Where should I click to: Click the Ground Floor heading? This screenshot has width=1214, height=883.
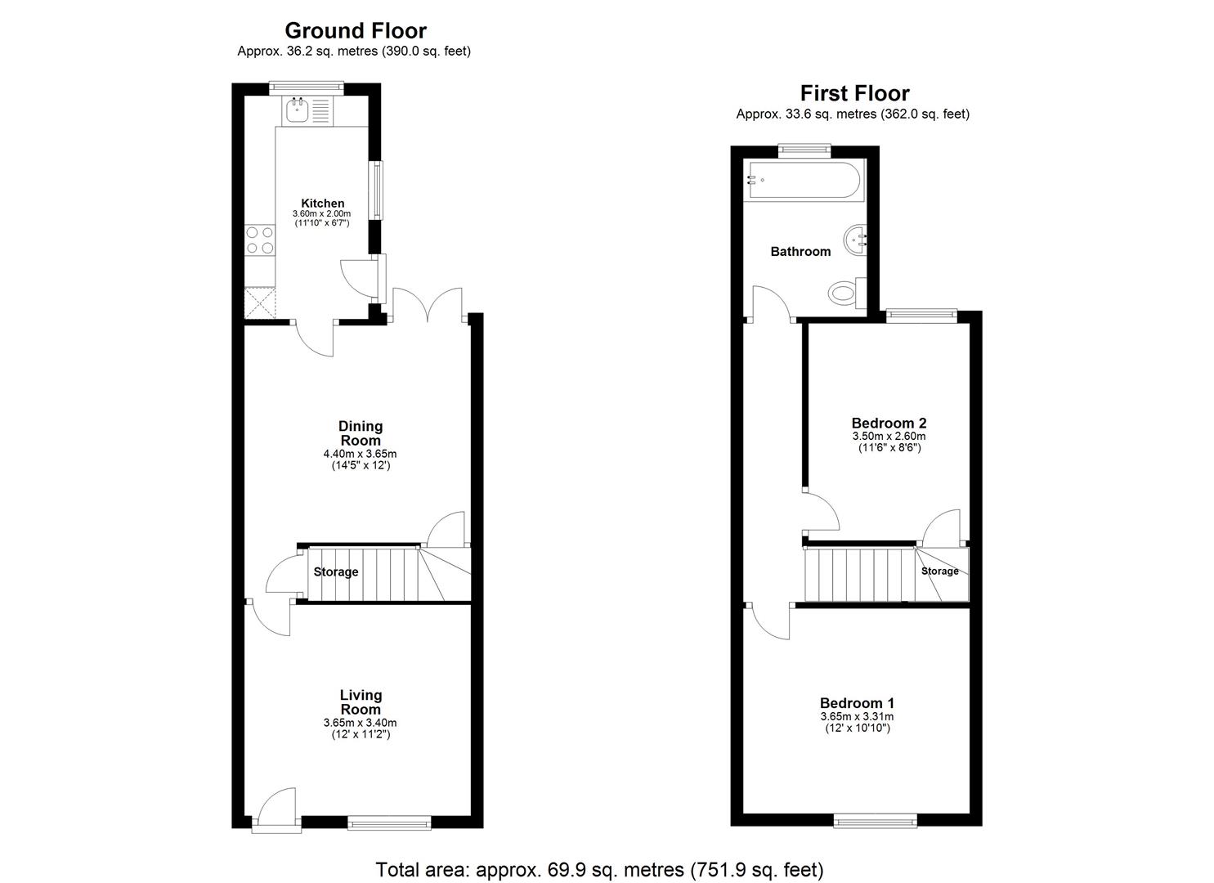pos(355,31)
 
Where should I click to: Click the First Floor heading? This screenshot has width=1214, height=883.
pos(854,93)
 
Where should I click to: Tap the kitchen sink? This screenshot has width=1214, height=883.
pos(297,110)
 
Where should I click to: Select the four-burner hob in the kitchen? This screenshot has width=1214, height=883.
pos(260,240)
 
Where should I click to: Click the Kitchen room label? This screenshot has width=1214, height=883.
pos(323,203)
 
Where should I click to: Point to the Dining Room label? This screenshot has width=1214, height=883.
pos(361,433)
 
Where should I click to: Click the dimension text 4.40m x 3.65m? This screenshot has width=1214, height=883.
pos(361,454)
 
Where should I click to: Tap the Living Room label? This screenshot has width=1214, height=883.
pos(361,702)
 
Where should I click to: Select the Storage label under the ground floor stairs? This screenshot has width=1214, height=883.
pos(336,571)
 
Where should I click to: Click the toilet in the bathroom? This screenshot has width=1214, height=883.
pos(843,293)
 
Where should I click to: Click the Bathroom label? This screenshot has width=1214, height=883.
pos(800,251)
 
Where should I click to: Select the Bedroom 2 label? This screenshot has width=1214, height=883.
pos(889,423)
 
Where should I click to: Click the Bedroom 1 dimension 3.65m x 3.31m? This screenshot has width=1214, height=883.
pos(857,716)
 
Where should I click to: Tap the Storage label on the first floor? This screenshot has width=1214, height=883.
pos(939,571)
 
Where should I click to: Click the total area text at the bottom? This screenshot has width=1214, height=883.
pos(599,869)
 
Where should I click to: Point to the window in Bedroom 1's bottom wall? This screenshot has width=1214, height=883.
pos(876,820)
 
